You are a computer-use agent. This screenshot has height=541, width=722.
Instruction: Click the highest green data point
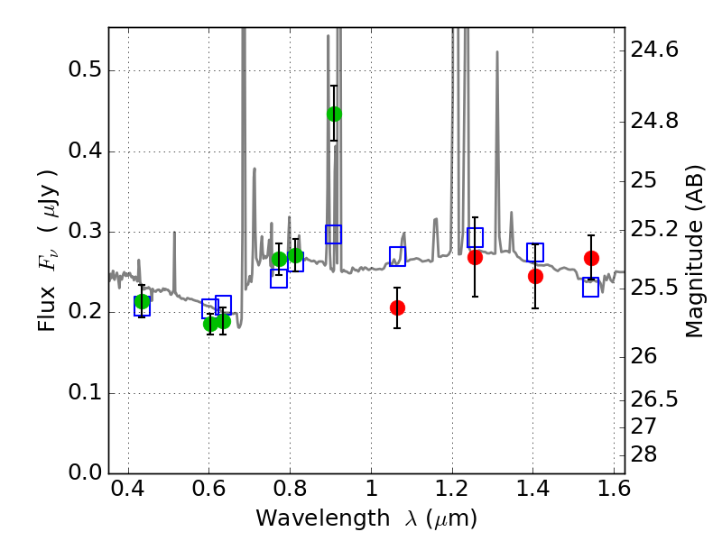[x=334, y=114]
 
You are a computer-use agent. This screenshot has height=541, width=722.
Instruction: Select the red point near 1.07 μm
[x=397, y=307]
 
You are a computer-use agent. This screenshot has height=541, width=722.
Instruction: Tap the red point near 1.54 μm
[x=591, y=258]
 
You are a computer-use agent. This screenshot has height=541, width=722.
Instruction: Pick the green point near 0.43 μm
[x=142, y=301]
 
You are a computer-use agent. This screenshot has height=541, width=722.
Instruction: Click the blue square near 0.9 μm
[x=334, y=234]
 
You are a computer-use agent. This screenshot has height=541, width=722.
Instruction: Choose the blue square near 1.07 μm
[x=397, y=256]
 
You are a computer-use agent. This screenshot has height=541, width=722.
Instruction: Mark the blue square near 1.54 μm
[x=591, y=287]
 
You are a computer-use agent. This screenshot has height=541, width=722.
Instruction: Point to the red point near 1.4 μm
[x=535, y=276]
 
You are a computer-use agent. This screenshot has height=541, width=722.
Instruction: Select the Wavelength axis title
[x=366, y=518]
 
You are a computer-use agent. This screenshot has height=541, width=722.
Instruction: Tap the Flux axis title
[x=49, y=250]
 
